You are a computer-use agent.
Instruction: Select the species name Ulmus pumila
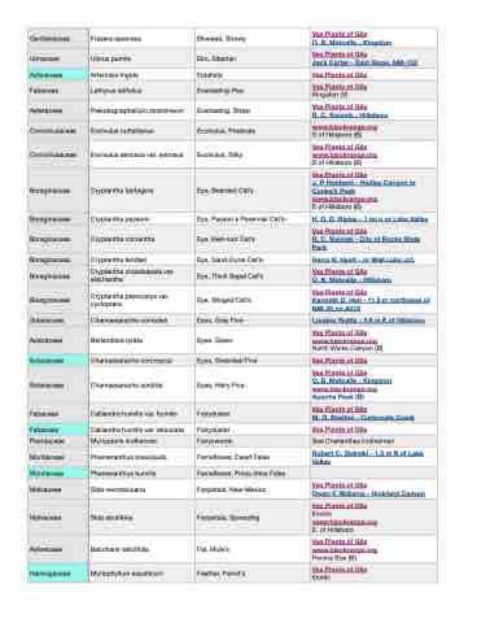pos(110,59)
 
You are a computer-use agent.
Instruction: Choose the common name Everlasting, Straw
pos(223,111)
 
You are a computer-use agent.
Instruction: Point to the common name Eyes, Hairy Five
pos(221,385)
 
